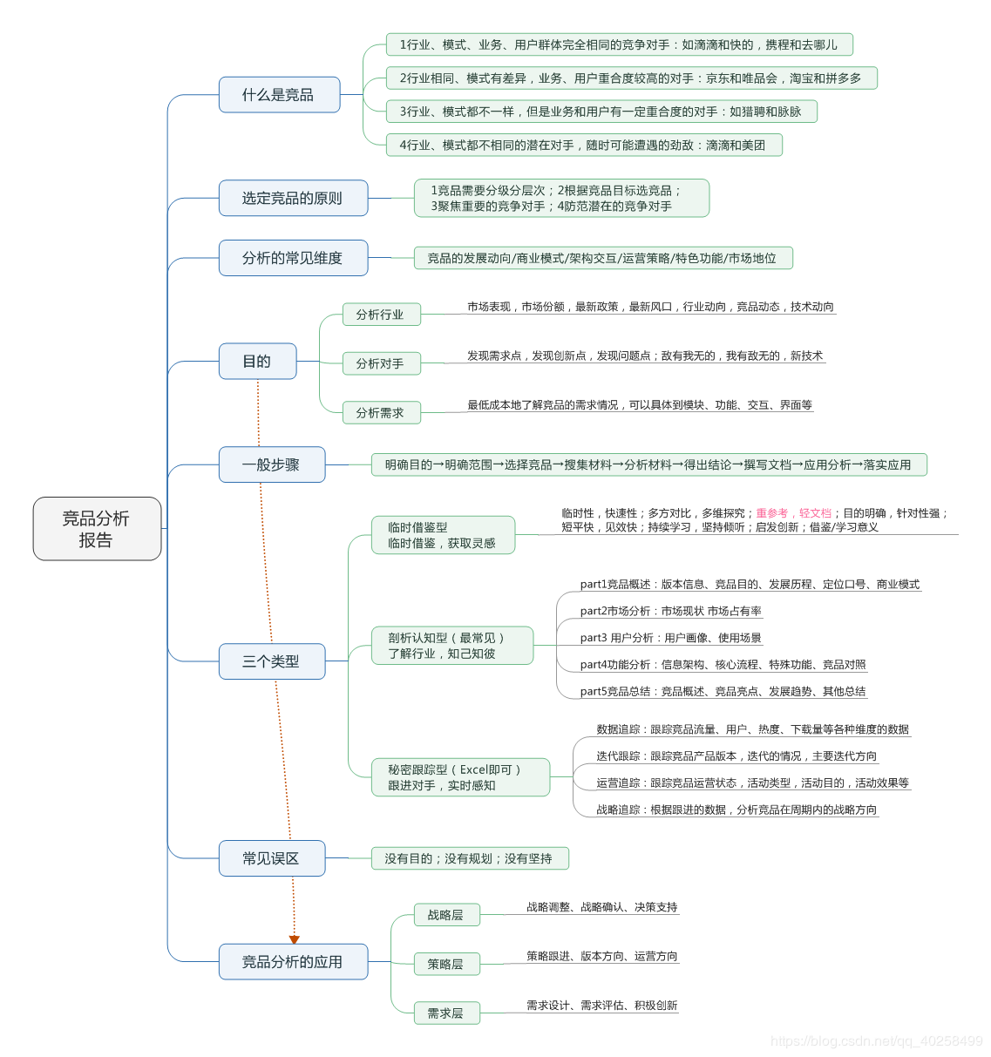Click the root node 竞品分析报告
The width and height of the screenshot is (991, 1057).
(x=97, y=529)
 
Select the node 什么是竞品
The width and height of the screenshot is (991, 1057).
(x=279, y=95)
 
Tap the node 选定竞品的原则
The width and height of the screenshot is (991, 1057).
(x=293, y=199)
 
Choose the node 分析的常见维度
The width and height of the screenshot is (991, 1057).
(x=293, y=258)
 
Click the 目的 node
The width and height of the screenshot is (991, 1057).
(x=257, y=362)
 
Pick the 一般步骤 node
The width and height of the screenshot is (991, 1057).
(x=271, y=464)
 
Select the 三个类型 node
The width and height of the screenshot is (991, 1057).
(x=271, y=661)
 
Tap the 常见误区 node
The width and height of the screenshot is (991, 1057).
(x=271, y=858)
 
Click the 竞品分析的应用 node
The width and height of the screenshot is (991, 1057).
(x=293, y=962)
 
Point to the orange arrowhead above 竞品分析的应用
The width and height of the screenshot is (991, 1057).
(x=295, y=939)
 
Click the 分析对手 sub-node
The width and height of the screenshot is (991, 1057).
(x=380, y=363)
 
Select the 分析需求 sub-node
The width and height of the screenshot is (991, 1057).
(x=380, y=413)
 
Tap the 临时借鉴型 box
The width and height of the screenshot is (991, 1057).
(x=444, y=535)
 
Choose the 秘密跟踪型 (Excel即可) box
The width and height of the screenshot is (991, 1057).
(x=461, y=777)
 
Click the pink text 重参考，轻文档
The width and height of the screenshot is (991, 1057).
(x=793, y=513)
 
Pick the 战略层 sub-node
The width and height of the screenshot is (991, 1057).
(x=445, y=915)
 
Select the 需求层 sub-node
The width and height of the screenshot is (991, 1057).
(x=445, y=1013)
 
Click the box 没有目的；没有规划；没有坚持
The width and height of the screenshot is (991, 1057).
(x=469, y=858)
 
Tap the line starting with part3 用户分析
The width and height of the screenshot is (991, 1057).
(x=670, y=638)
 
